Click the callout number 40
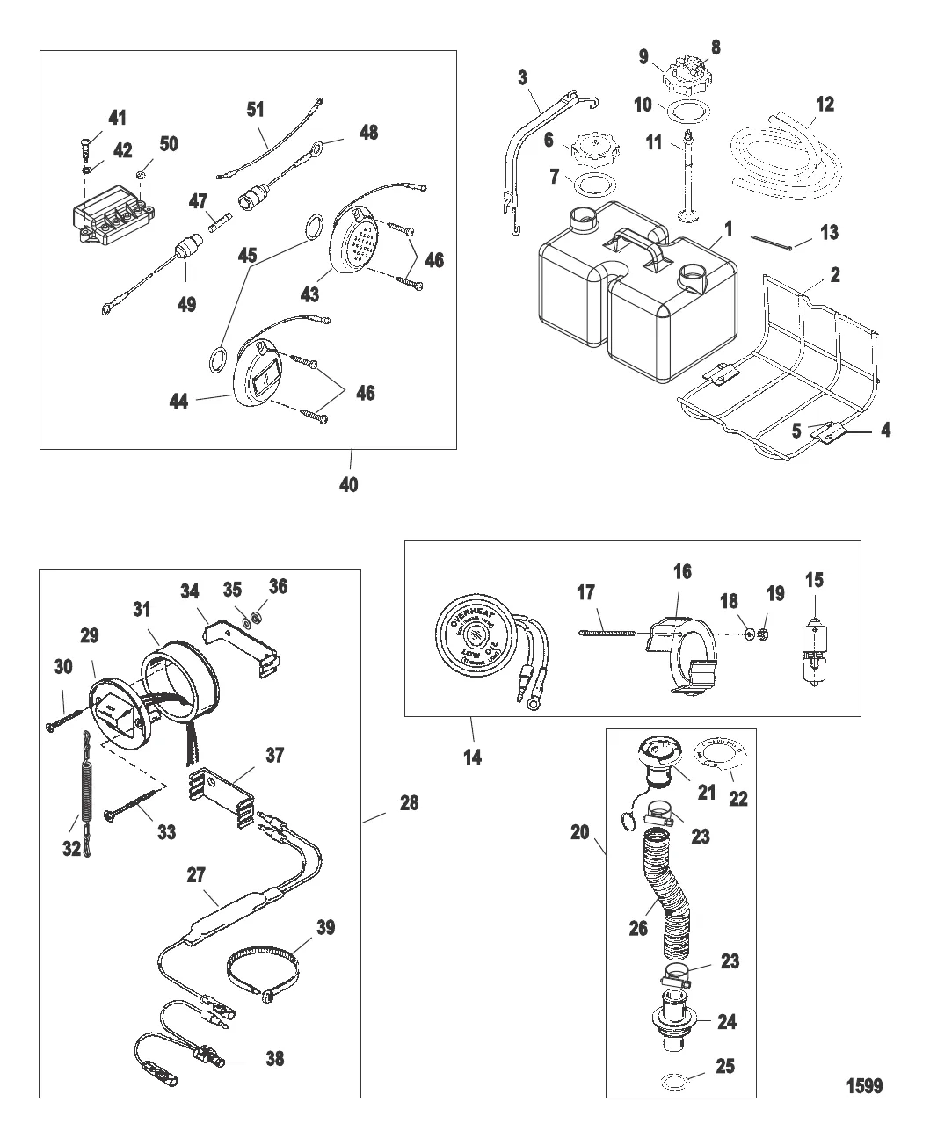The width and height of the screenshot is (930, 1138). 349,484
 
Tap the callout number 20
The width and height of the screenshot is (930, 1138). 579,830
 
